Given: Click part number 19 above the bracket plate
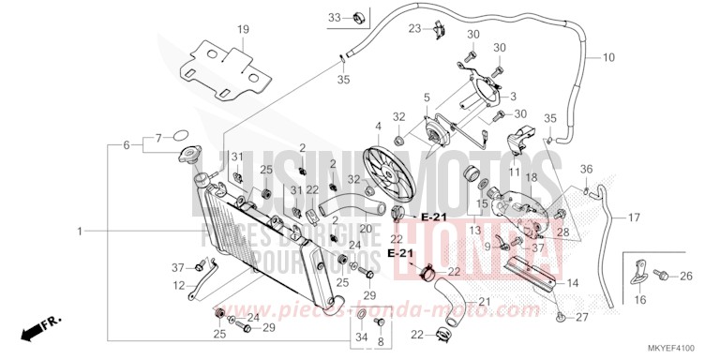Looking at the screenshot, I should tap(243, 30).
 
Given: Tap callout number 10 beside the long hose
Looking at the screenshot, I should tap(608, 58).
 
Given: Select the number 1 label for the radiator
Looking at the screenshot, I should tap(80, 230).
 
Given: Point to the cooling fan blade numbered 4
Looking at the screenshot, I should tap(378, 126).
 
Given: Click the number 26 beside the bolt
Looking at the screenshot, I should tap(685, 276).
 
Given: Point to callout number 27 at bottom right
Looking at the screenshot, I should tap(581, 318).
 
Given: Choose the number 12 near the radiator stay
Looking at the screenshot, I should tap(178, 285).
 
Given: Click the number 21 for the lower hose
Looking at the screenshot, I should tap(485, 301).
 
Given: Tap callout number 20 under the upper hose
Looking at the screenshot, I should tap(365, 229).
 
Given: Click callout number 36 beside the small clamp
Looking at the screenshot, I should tap(587, 169).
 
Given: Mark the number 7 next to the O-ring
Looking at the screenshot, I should tap(158, 136).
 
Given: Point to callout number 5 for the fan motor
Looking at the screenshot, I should tap(426, 97).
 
